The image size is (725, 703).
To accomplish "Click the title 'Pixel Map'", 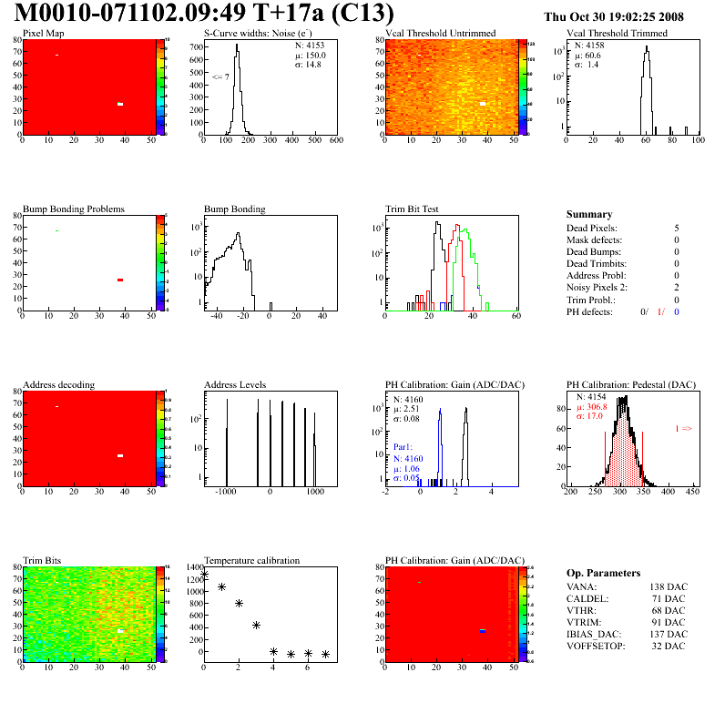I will [43, 34].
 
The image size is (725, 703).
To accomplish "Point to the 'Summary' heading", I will [589, 214].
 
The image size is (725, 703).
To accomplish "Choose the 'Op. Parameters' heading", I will [603, 573].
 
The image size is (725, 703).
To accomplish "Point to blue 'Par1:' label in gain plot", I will [403, 448].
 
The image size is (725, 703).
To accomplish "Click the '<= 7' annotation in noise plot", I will [220, 76].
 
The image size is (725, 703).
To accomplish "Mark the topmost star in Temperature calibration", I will [204, 574].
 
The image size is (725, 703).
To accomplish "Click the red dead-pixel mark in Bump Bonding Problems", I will [120, 280].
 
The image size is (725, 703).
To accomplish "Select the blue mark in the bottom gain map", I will [484, 630].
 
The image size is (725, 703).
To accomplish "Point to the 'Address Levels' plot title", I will [235, 385].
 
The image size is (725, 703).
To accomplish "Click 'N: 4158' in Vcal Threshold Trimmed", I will [588, 44].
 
